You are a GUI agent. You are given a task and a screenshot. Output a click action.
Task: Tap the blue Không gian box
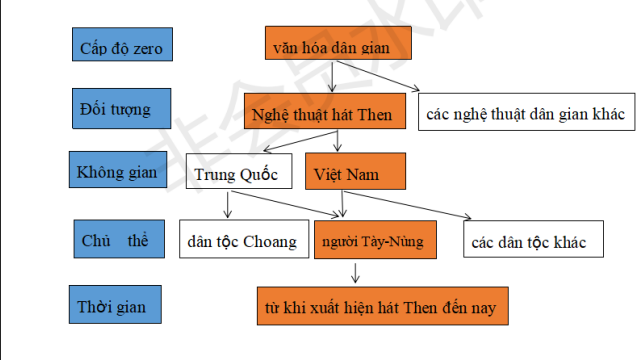point(118,171)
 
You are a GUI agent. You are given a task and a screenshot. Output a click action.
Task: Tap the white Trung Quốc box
point(238,173)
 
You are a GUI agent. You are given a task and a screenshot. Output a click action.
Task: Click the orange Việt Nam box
point(355,172)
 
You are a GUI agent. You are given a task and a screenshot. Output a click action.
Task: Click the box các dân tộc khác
point(529,241)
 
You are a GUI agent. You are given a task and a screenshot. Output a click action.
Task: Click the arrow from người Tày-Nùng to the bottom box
point(354,272)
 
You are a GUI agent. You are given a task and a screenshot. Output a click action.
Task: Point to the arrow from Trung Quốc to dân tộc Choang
point(229,205)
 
